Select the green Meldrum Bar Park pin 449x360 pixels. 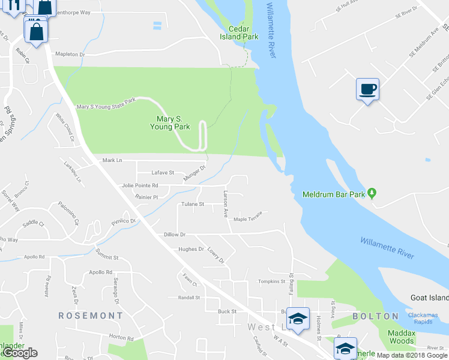coord(372,193)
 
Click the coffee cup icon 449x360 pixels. coord(367,89)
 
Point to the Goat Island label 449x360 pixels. coord(429,298)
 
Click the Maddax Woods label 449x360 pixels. coord(401,337)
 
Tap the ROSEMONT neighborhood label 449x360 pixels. coord(91,315)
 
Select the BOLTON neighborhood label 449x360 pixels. coord(375,316)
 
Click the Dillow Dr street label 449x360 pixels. coord(175,234)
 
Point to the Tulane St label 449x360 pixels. coord(193,204)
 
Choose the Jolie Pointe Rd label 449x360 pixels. coord(139,185)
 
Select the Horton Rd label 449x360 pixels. coord(121,338)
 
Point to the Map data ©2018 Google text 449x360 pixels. coord(412,355)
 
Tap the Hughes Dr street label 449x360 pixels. coord(191,249)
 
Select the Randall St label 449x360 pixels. coord(188,297)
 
